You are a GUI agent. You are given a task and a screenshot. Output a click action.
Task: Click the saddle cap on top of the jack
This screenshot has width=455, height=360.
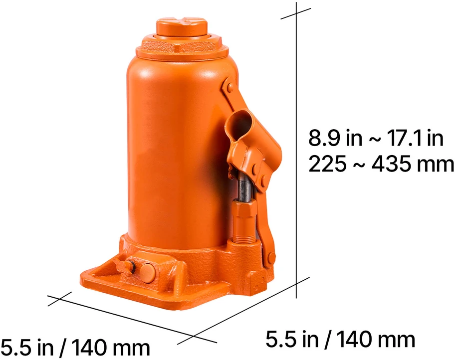(x=182, y=27)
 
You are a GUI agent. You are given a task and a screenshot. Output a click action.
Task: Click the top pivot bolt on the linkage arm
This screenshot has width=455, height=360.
(x=230, y=87)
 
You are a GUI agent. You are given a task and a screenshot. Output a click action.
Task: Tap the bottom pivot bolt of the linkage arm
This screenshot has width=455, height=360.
(x=271, y=258)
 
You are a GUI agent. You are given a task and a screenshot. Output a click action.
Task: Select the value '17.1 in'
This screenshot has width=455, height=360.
(x=416, y=138)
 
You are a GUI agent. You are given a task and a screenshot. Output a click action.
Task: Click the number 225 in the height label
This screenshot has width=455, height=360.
(x=327, y=164)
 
